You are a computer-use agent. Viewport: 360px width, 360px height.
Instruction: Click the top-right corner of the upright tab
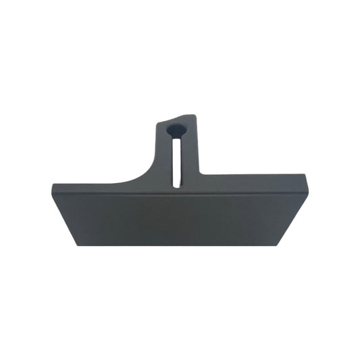(197, 115)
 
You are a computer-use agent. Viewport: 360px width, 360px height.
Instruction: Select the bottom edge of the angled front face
(180, 245)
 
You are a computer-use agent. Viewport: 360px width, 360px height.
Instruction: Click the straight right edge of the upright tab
(199, 145)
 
